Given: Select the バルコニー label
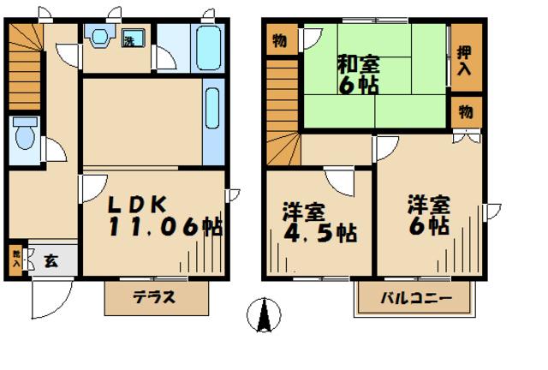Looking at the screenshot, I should coord(415,301).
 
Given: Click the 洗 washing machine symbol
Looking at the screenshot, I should coord(131,39).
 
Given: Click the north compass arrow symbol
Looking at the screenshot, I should coord(263,316).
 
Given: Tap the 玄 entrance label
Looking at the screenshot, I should coord(51,260).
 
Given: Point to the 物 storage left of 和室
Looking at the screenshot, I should coord(280,39).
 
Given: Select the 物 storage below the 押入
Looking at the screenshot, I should coord(465,111).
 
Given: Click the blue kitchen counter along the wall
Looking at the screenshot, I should coord(213,120).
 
